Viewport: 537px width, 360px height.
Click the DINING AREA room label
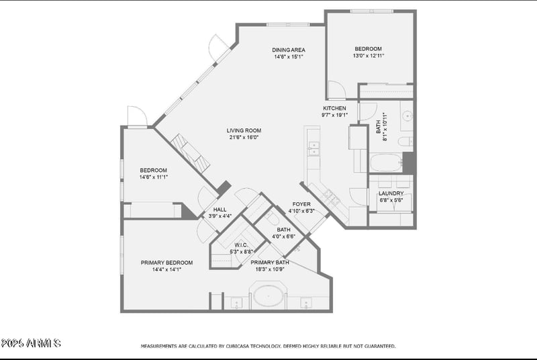(289, 50)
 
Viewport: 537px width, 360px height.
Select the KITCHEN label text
(335, 108)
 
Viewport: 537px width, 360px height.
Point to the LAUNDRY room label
(391, 193)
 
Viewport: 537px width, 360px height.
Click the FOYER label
(301, 204)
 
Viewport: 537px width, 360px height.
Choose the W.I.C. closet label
(242, 244)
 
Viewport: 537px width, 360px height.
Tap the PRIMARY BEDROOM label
(166, 263)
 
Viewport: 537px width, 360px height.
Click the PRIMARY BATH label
(275, 263)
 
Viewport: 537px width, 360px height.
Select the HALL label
(219, 210)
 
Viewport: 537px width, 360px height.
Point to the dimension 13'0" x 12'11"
(368, 56)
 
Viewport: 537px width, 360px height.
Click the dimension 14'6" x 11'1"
(153, 177)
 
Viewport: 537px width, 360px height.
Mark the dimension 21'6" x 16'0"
(244, 138)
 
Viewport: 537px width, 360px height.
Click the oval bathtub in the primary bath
(268, 296)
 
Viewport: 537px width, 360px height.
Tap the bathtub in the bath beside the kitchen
(385, 163)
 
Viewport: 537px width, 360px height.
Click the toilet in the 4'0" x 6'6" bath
(272, 220)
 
